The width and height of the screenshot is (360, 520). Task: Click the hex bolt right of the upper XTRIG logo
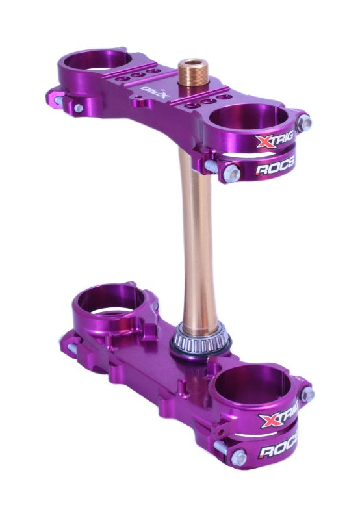304,122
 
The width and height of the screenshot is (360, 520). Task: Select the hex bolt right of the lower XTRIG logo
307,394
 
